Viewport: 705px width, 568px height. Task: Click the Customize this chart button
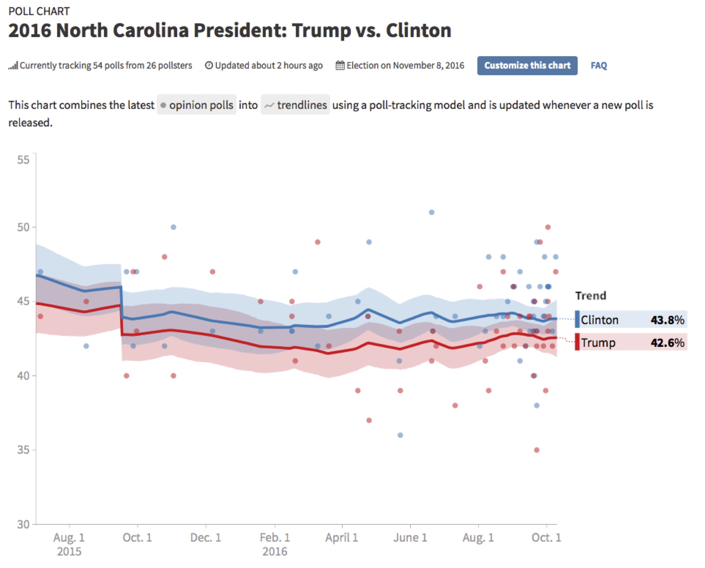527,66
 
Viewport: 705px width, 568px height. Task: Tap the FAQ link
599,66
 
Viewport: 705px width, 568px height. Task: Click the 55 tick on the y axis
23,160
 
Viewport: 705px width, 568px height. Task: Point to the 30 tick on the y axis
23,524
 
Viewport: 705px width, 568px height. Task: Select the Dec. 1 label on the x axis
206,538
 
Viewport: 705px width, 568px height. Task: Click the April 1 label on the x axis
341,538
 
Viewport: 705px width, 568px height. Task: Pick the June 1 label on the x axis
410,538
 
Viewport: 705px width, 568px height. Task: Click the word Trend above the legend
590,296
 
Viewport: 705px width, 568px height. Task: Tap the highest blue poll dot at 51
432,212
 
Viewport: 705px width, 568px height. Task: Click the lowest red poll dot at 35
537,450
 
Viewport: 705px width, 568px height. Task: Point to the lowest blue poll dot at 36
400,435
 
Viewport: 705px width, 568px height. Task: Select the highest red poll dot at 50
548,227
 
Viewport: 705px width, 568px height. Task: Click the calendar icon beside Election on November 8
340,65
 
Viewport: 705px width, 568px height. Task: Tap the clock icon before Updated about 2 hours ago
209,65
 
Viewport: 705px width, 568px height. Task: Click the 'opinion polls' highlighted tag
196,105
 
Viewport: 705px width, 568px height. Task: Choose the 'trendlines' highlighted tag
295,105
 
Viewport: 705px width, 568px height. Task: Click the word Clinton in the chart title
418,31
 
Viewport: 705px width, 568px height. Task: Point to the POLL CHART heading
39,11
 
